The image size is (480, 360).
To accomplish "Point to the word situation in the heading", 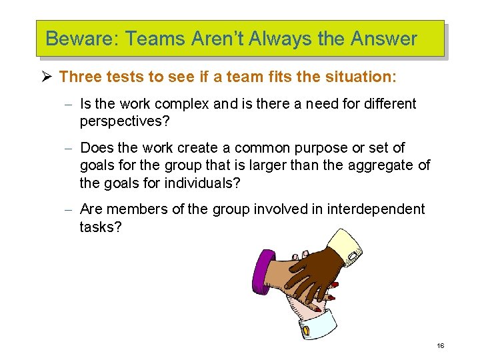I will pyautogui.click(x=360, y=77).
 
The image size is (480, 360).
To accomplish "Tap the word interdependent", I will pyautogui.click(x=367, y=209).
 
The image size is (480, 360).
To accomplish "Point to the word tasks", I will pyautogui.click(x=100, y=227).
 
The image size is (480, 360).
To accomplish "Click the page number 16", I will pyautogui.click(x=440, y=345).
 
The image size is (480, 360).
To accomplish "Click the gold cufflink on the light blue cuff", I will pyautogui.click(x=306, y=330).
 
